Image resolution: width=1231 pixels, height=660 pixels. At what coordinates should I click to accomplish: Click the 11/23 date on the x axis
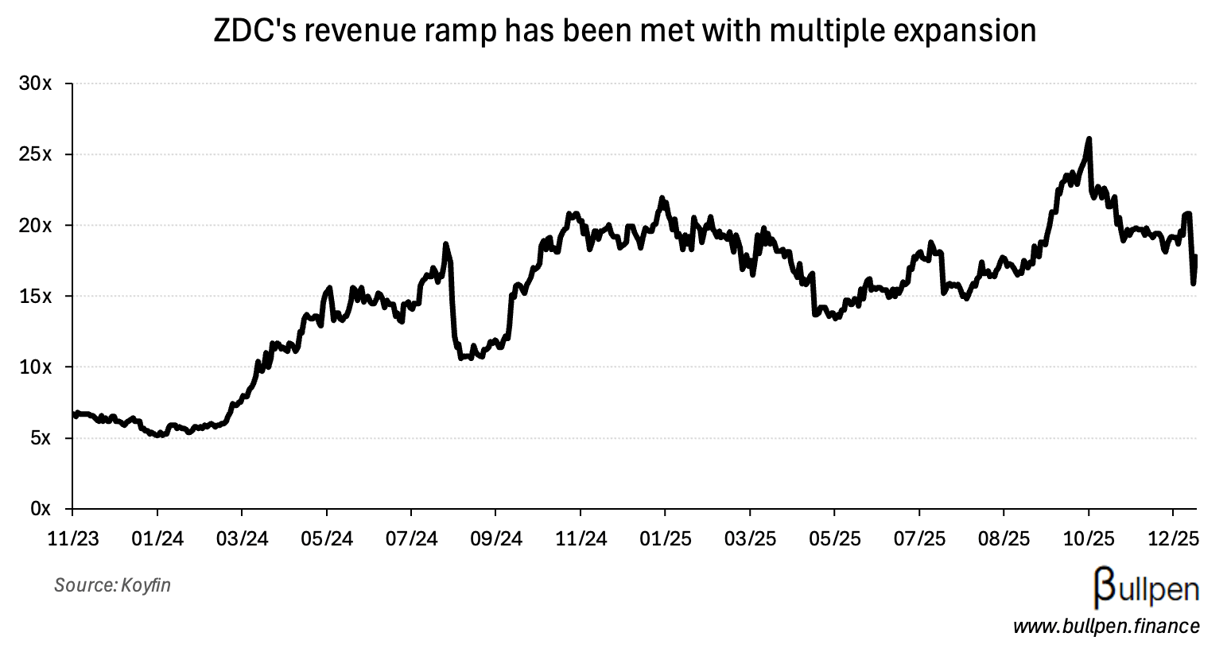[73, 538]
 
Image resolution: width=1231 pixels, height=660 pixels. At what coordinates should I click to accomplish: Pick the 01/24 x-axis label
[157, 538]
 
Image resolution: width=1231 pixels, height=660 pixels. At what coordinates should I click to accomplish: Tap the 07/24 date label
[411, 538]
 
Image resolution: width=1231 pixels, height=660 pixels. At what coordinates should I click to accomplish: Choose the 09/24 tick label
[496, 538]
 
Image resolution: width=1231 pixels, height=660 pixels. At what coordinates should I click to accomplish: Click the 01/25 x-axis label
[666, 538]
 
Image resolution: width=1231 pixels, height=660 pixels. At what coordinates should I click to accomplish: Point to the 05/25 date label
[834, 538]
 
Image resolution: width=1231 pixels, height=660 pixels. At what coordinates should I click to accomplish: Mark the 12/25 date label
[1173, 538]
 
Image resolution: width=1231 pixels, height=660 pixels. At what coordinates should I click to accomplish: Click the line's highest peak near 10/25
[1089, 139]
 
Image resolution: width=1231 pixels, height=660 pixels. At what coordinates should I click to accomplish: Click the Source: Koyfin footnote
[112, 586]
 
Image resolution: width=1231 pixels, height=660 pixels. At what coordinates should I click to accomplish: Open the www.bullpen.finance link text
[1105, 627]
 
